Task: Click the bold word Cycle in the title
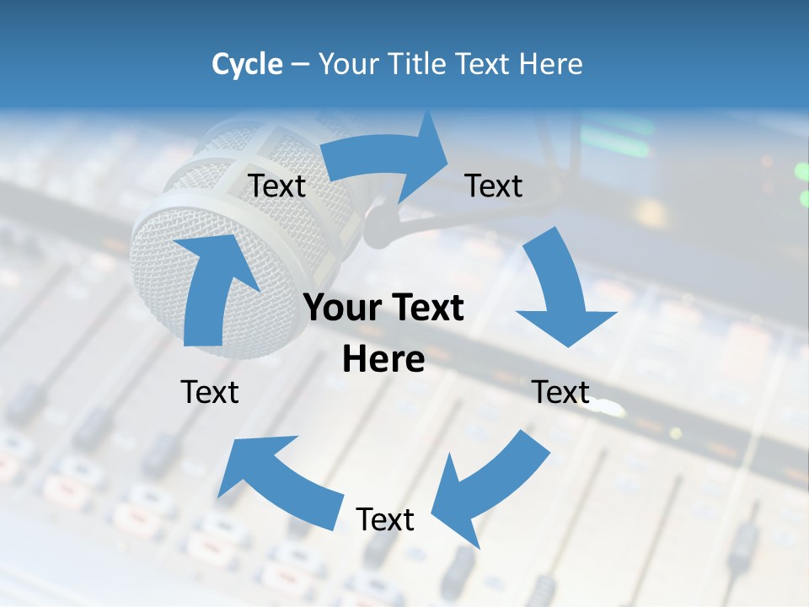247,64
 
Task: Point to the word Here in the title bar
551,64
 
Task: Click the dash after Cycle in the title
300,64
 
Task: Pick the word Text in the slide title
485,64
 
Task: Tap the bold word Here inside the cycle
383,360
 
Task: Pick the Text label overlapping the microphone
277,185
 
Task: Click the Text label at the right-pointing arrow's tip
494,185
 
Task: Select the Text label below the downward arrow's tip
560,392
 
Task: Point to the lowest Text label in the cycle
385,519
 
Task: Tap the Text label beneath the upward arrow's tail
210,392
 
